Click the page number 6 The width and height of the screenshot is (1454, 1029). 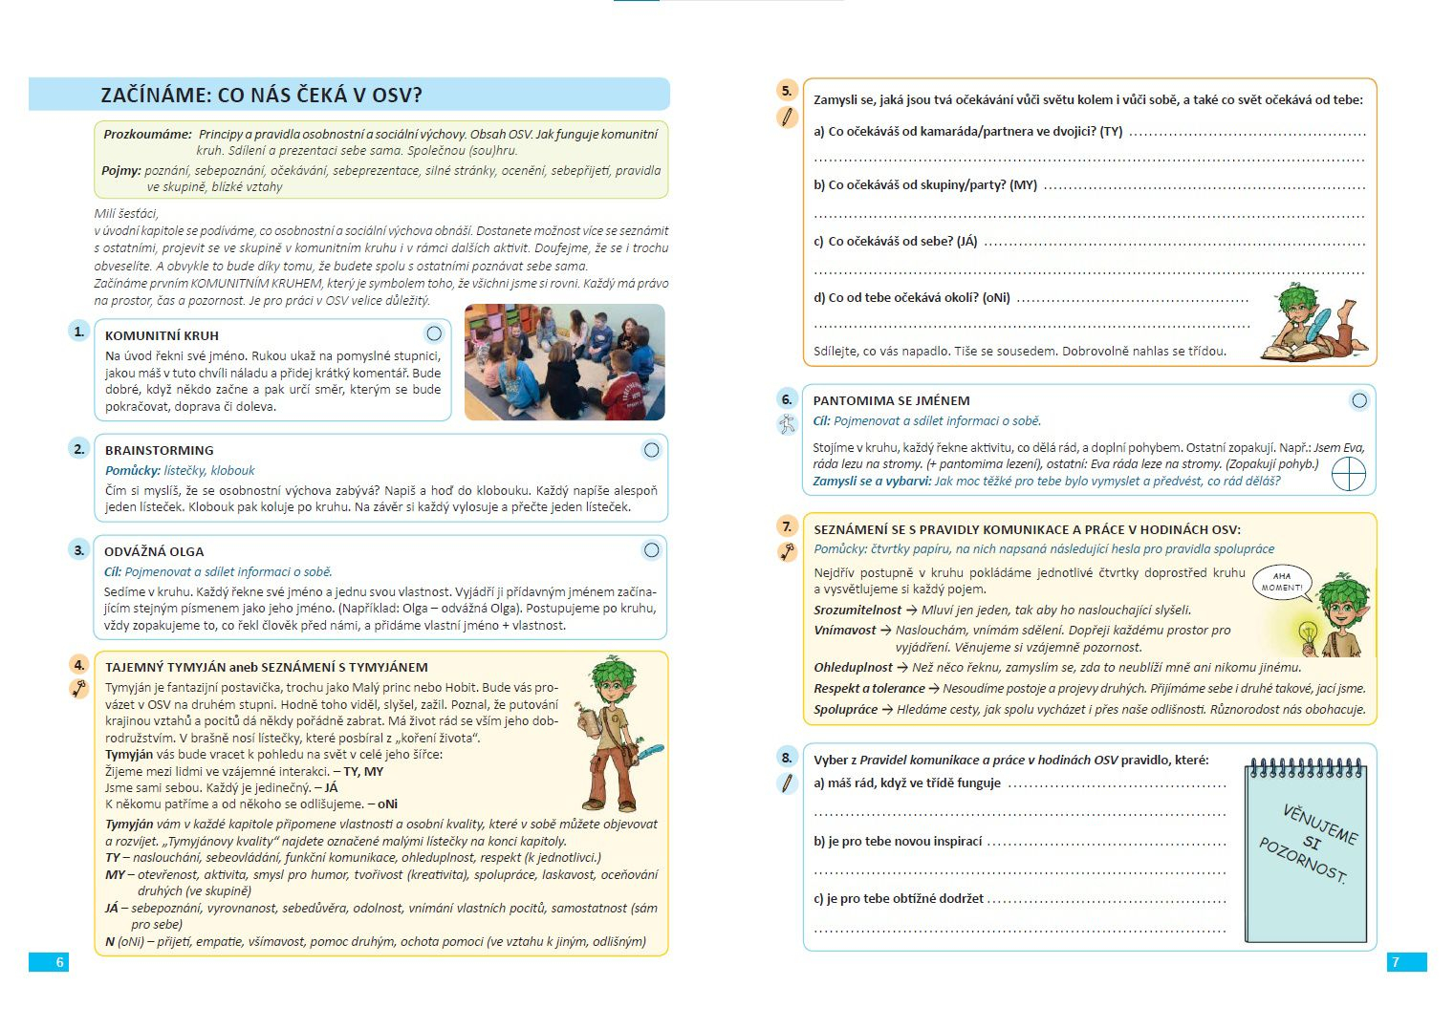pyautogui.click(x=59, y=962)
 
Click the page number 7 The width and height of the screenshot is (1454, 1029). pyautogui.click(x=1395, y=962)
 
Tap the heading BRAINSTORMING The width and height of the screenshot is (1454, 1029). pyautogui.click(x=159, y=450)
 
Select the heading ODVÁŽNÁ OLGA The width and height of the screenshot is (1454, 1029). pyautogui.click(x=154, y=551)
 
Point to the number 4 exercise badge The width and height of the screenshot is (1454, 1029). pyautogui.click(x=79, y=665)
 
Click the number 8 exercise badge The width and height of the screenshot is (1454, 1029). pyautogui.click(x=787, y=758)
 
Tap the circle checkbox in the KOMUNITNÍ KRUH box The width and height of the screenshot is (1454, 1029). pyautogui.click(x=434, y=333)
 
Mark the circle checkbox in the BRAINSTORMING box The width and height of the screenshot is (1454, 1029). pyautogui.click(x=651, y=450)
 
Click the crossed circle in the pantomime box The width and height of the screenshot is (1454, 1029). pyautogui.click(x=1348, y=473)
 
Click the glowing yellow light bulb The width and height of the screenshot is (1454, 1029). pyautogui.click(x=1307, y=632)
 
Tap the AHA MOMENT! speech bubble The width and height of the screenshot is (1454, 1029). pyautogui.click(x=1282, y=582)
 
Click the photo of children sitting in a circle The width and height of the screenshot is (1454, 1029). pyautogui.click(x=564, y=362)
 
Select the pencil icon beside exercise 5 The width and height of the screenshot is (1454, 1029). pyautogui.click(x=787, y=118)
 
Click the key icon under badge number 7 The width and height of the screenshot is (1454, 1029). pyautogui.click(x=787, y=551)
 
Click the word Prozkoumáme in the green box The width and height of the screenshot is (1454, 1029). pyautogui.click(x=147, y=135)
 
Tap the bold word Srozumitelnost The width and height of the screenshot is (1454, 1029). pyautogui.click(x=857, y=610)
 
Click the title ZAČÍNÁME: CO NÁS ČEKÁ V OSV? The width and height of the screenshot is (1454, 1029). pyautogui.click(x=261, y=95)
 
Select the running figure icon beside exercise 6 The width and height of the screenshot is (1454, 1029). pyautogui.click(x=787, y=424)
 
